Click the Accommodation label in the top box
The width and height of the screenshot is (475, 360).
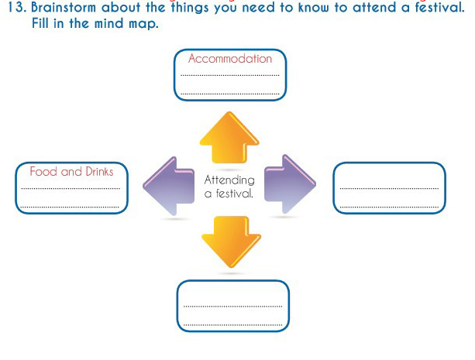pos(230,59)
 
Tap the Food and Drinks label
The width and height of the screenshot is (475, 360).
pos(71,172)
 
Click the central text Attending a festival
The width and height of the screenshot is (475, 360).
pos(229,187)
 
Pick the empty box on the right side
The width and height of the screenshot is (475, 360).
pos(389,187)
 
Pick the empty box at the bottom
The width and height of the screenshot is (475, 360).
pos(232,306)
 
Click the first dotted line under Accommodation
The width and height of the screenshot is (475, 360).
pos(229,75)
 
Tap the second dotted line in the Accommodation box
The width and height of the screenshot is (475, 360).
pos(229,94)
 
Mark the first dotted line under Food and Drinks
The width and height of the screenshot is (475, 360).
pos(71,188)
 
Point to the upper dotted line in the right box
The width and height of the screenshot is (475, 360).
pos(389,188)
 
